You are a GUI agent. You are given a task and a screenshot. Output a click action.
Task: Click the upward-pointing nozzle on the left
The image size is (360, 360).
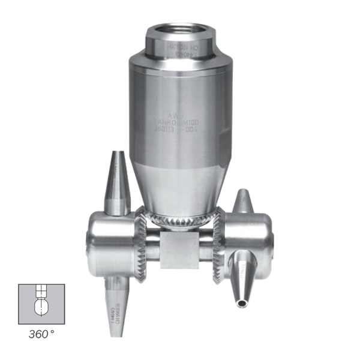(x=116, y=183)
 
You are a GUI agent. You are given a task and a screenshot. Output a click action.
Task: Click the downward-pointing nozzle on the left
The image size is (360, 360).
(x=116, y=300)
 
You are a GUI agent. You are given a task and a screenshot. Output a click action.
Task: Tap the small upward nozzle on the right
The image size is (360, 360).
(x=243, y=202)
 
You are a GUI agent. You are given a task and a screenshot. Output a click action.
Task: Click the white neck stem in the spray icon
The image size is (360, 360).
(x=41, y=293)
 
